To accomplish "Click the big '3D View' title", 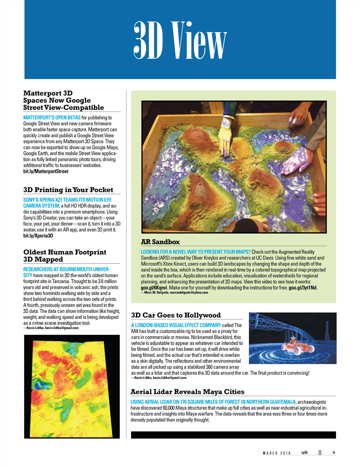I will (x=180, y=40).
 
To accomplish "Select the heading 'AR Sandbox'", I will (x=160, y=242).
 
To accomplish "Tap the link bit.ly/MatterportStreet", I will (x=46, y=171).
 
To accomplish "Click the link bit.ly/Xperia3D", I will (x=38, y=236).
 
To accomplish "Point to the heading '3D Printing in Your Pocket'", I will (x=68, y=190).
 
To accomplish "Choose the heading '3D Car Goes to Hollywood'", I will (x=176, y=315).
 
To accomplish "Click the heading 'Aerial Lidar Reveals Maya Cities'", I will (x=187, y=392).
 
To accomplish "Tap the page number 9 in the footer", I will (x=334, y=453).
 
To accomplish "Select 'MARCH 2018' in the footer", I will (x=277, y=453).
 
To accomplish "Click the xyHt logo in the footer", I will (x=304, y=452).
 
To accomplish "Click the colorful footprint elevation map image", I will (x=72, y=387).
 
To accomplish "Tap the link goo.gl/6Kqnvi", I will (x=154, y=288).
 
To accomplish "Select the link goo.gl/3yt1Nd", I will (x=303, y=288).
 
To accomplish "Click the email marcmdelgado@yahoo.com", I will (x=189, y=293).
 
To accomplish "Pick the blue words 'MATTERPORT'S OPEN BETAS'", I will (x=52, y=117).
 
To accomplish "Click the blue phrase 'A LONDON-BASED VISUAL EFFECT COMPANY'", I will (x=176, y=325).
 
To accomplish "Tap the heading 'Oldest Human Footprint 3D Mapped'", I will (x=65, y=256).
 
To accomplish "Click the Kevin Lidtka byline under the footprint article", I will (x=51, y=328).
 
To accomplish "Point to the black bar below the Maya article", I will (x=233, y=435).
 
